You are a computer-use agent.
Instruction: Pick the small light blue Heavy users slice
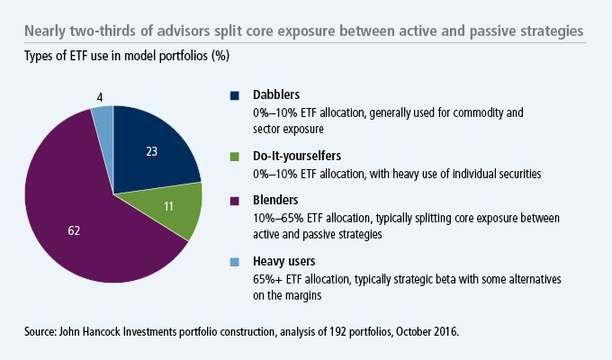103,118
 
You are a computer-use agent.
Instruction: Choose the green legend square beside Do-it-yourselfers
236,156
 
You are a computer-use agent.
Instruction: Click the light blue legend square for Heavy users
236,263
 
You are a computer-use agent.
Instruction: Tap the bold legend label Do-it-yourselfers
301,156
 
